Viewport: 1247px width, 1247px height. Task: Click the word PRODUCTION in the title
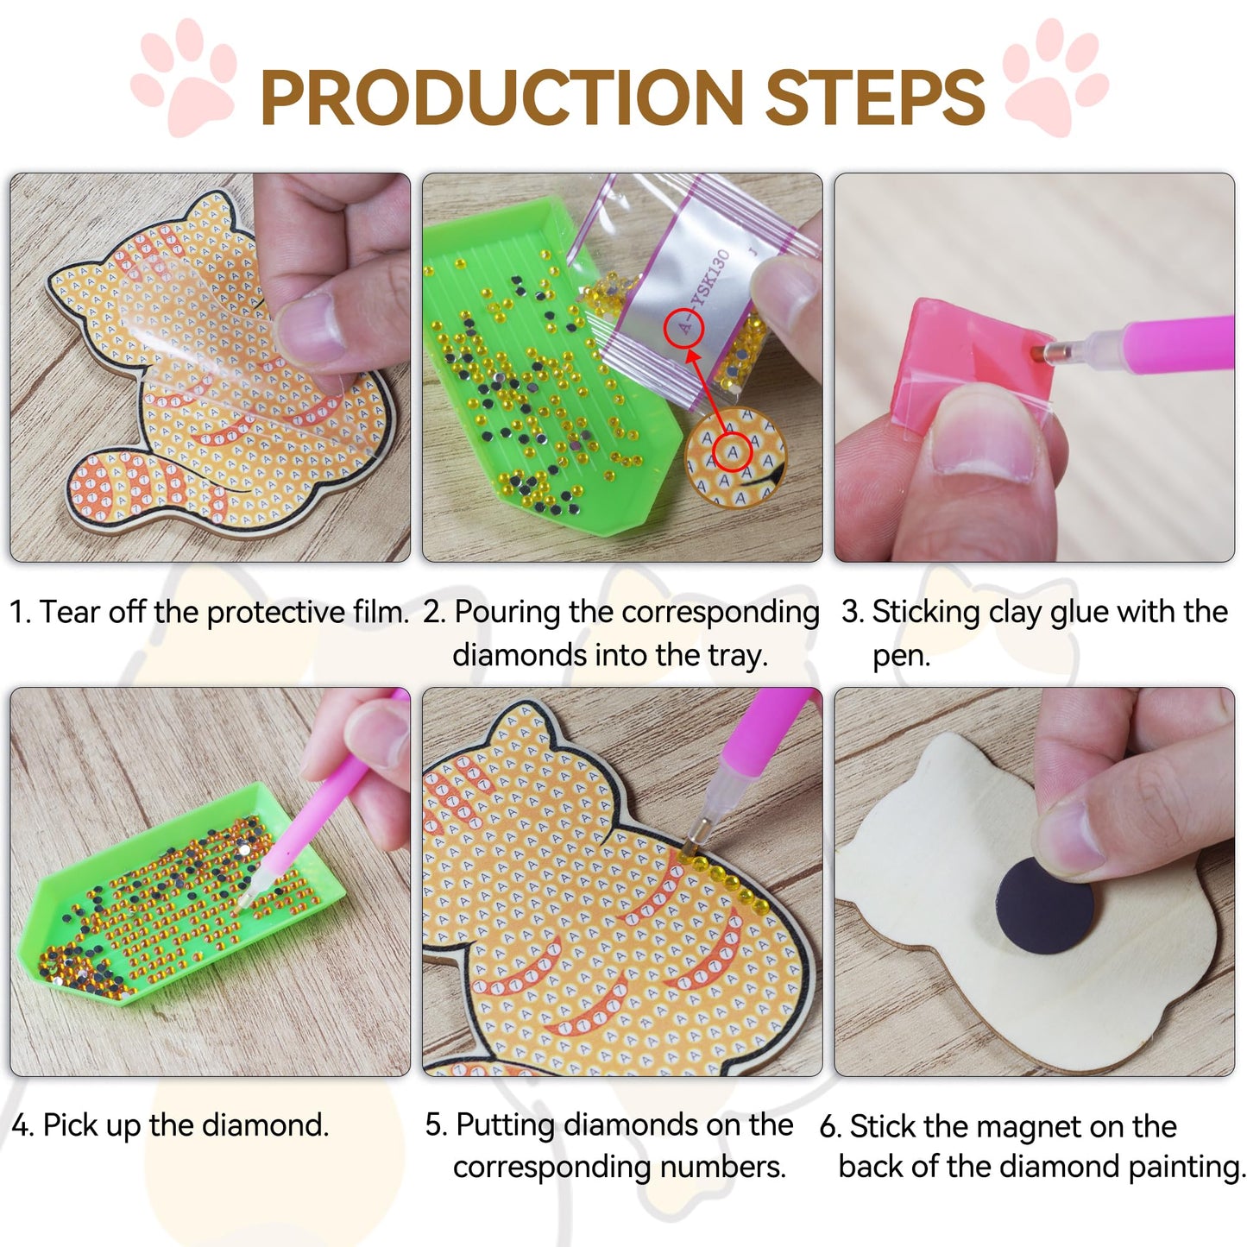(x=501, y=97)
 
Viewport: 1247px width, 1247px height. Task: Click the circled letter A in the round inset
(x=733, y=451)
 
